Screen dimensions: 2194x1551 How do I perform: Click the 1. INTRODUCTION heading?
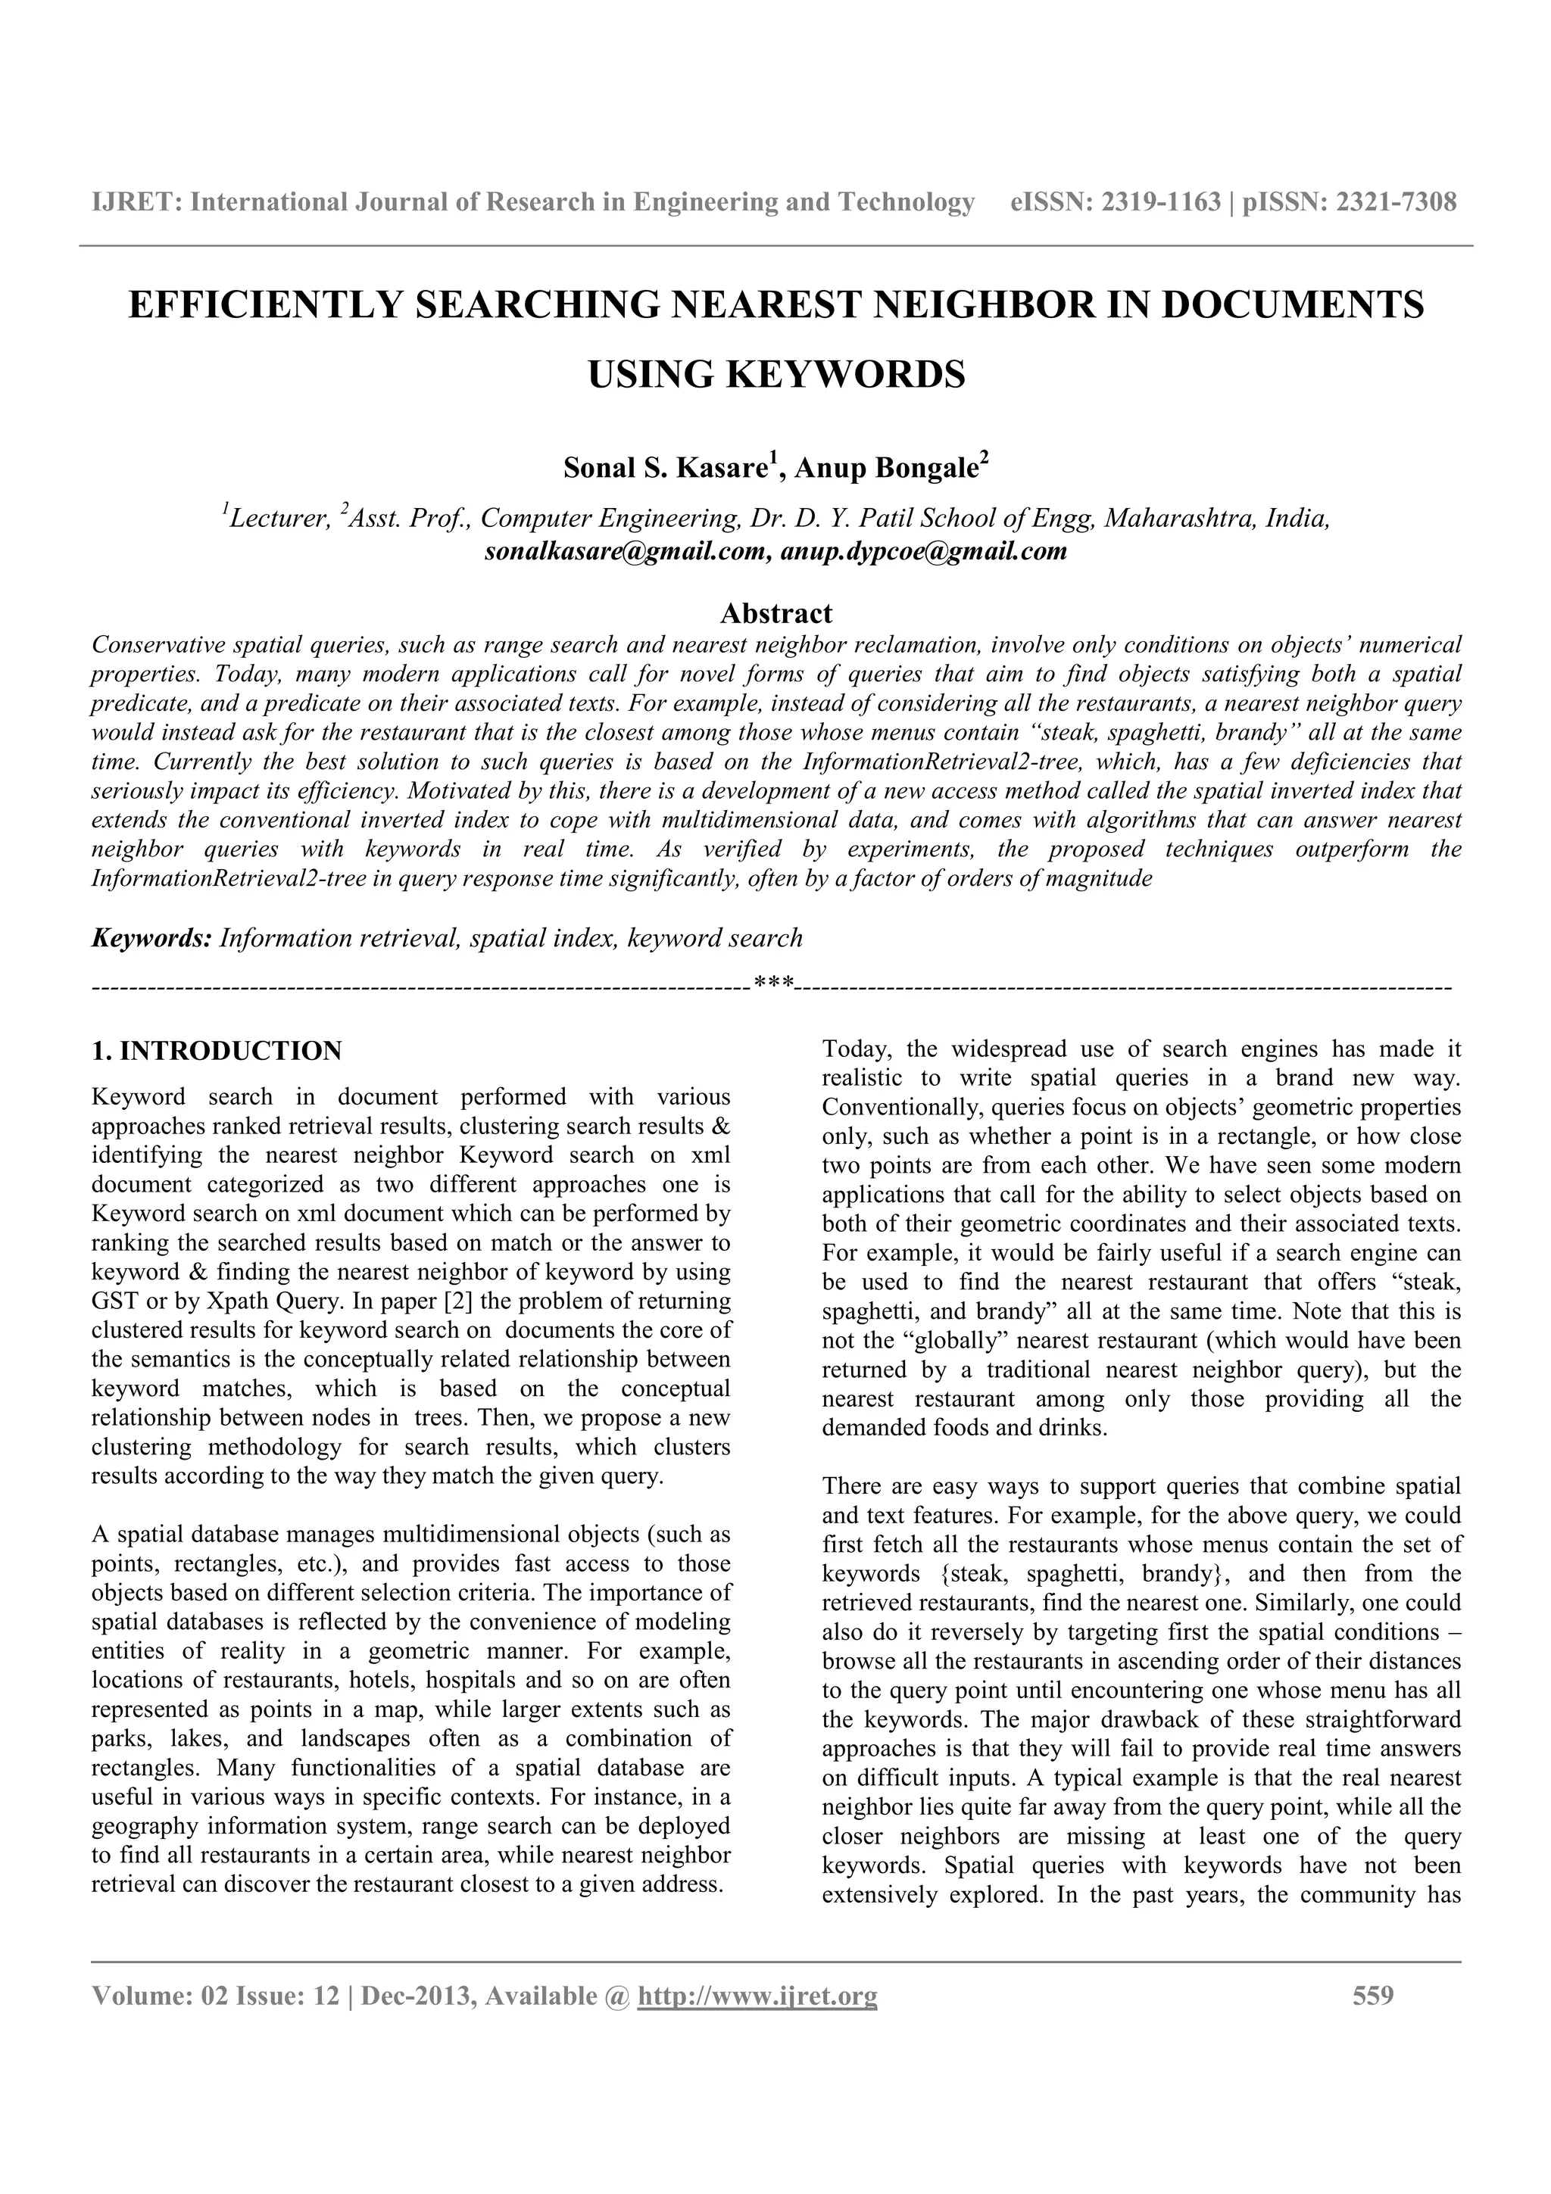216,1051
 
